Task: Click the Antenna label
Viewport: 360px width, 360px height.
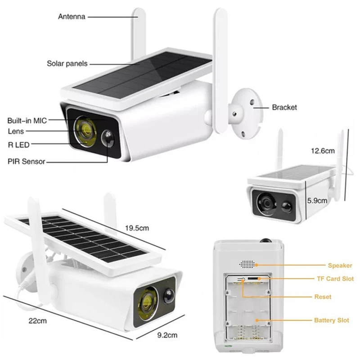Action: pyautogui.click(x=72, y=17)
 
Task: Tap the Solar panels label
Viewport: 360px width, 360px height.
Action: pyautogui.click(x=67, y=63)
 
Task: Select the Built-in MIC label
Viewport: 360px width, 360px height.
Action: pyautogui.click(x=27, y=120)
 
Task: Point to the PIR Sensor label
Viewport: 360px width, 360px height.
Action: pyautogui.click(x=27, y=161)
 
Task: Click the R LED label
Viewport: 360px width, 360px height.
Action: pyautogui.click(x=18, y=144)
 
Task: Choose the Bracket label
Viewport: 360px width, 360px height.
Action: pyautogui.click(x=284, y=108)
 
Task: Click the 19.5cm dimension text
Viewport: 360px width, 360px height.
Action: pyautogui.click(x=138, y=229)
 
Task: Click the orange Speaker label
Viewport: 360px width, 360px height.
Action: pyautogui.click(x=340, y=265)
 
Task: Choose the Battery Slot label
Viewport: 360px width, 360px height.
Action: pyautogui.click(x=332, y=320)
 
